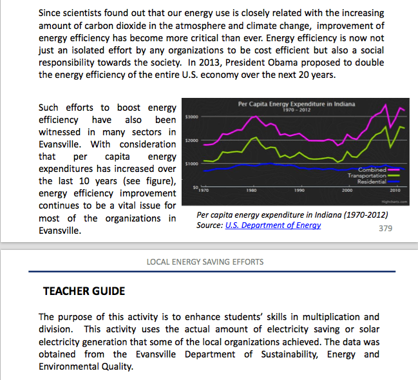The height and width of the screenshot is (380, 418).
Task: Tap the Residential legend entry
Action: (x=372, y=181)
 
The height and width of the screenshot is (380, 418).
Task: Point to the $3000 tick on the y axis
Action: (x=191, y=117)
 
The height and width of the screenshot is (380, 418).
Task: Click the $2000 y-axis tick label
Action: (x=191, y=140)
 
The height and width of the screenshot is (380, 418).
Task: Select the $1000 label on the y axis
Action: (x=191, y=164)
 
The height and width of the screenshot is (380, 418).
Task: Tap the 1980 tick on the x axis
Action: (x=251, y=191)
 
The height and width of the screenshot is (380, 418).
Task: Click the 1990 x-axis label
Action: (x=299, y=191)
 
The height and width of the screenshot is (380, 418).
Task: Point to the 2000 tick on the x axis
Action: (x=347, y=191)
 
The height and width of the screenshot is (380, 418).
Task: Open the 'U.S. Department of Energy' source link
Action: (x=273, y=225)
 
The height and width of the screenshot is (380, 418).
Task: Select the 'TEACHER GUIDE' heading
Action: (x=84, y=291)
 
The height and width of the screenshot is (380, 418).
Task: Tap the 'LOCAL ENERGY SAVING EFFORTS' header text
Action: (x=205, y=261)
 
